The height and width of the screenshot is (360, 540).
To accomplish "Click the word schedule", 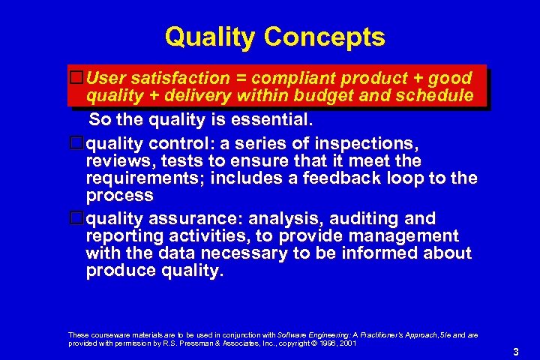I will pyautogui.click(x=435, y=96).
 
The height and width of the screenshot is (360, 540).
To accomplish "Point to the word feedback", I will pyautogui.click(x=359, y=178).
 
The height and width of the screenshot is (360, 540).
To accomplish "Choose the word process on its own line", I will pyautogui.click(x=120, y=195).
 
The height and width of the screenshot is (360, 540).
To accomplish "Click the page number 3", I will pyautogui.click(x=515, y=352).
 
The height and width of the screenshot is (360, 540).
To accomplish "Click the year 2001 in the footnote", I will pyautogui.click(x=346, y=343).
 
